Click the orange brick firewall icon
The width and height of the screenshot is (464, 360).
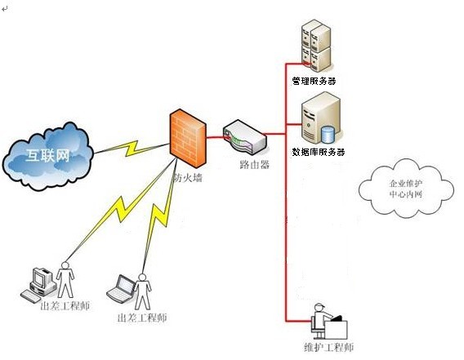click(x=188, y=139)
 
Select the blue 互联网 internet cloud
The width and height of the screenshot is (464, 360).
click(x=47, y=156)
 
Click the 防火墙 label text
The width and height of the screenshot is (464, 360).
click(x=188, y=178)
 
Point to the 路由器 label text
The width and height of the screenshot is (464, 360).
click(x=255, y=164)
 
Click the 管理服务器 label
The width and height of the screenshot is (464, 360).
click(x=314, y=81)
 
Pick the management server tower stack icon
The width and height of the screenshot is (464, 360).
click(x=316, y=46)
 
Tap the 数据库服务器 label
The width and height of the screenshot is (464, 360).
click(x=319, y=152)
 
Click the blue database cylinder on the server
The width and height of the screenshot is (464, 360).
click(x=328, y=135)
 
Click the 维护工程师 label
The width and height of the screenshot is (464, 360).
click(x=328, y=347)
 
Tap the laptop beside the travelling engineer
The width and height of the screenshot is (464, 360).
click(x=121, y=289)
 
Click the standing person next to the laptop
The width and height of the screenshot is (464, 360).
click(x=143, y=291)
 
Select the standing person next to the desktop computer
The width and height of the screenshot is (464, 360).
click(x=65, y=280)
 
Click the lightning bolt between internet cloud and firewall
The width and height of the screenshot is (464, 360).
click(x=132, y=149)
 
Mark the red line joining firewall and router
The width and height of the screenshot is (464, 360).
click(x=215, y=137)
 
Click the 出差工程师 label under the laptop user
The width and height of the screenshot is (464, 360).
click(x=142, y=318)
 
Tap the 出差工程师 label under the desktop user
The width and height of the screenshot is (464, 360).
click(x=65, y=306)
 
